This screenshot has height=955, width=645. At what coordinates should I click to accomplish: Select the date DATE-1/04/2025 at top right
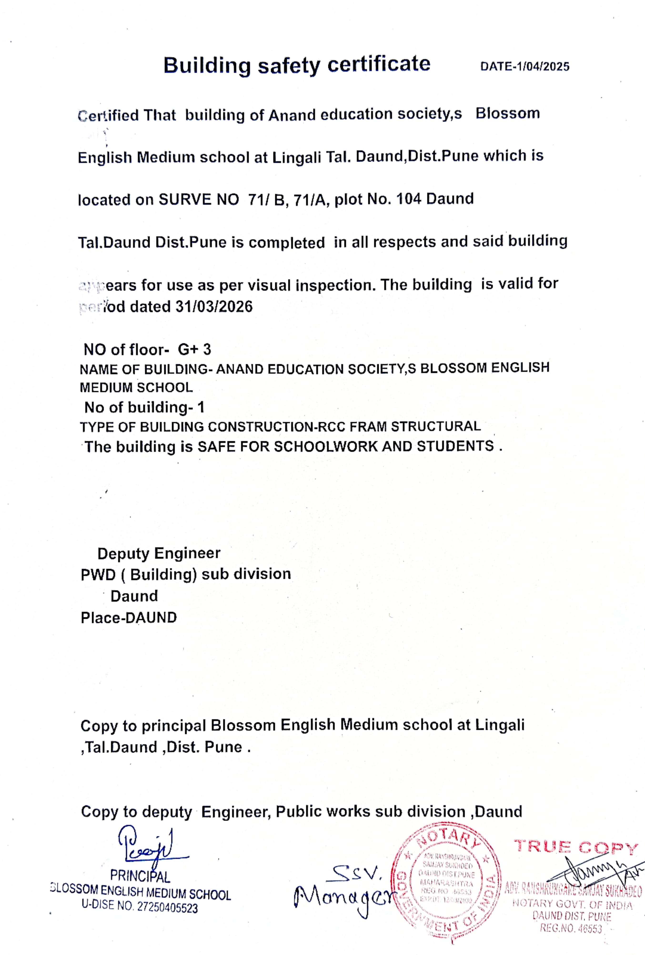point(525,66)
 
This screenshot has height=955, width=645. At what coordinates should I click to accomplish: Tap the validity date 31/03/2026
point(214,307)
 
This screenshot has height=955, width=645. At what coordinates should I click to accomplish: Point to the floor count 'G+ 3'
point(194,349)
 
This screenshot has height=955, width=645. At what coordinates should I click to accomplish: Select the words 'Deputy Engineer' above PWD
point(159,553)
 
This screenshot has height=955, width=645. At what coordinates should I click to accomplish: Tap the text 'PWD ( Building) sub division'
point(186,574)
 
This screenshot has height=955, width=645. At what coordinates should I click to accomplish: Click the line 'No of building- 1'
point(144,407)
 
